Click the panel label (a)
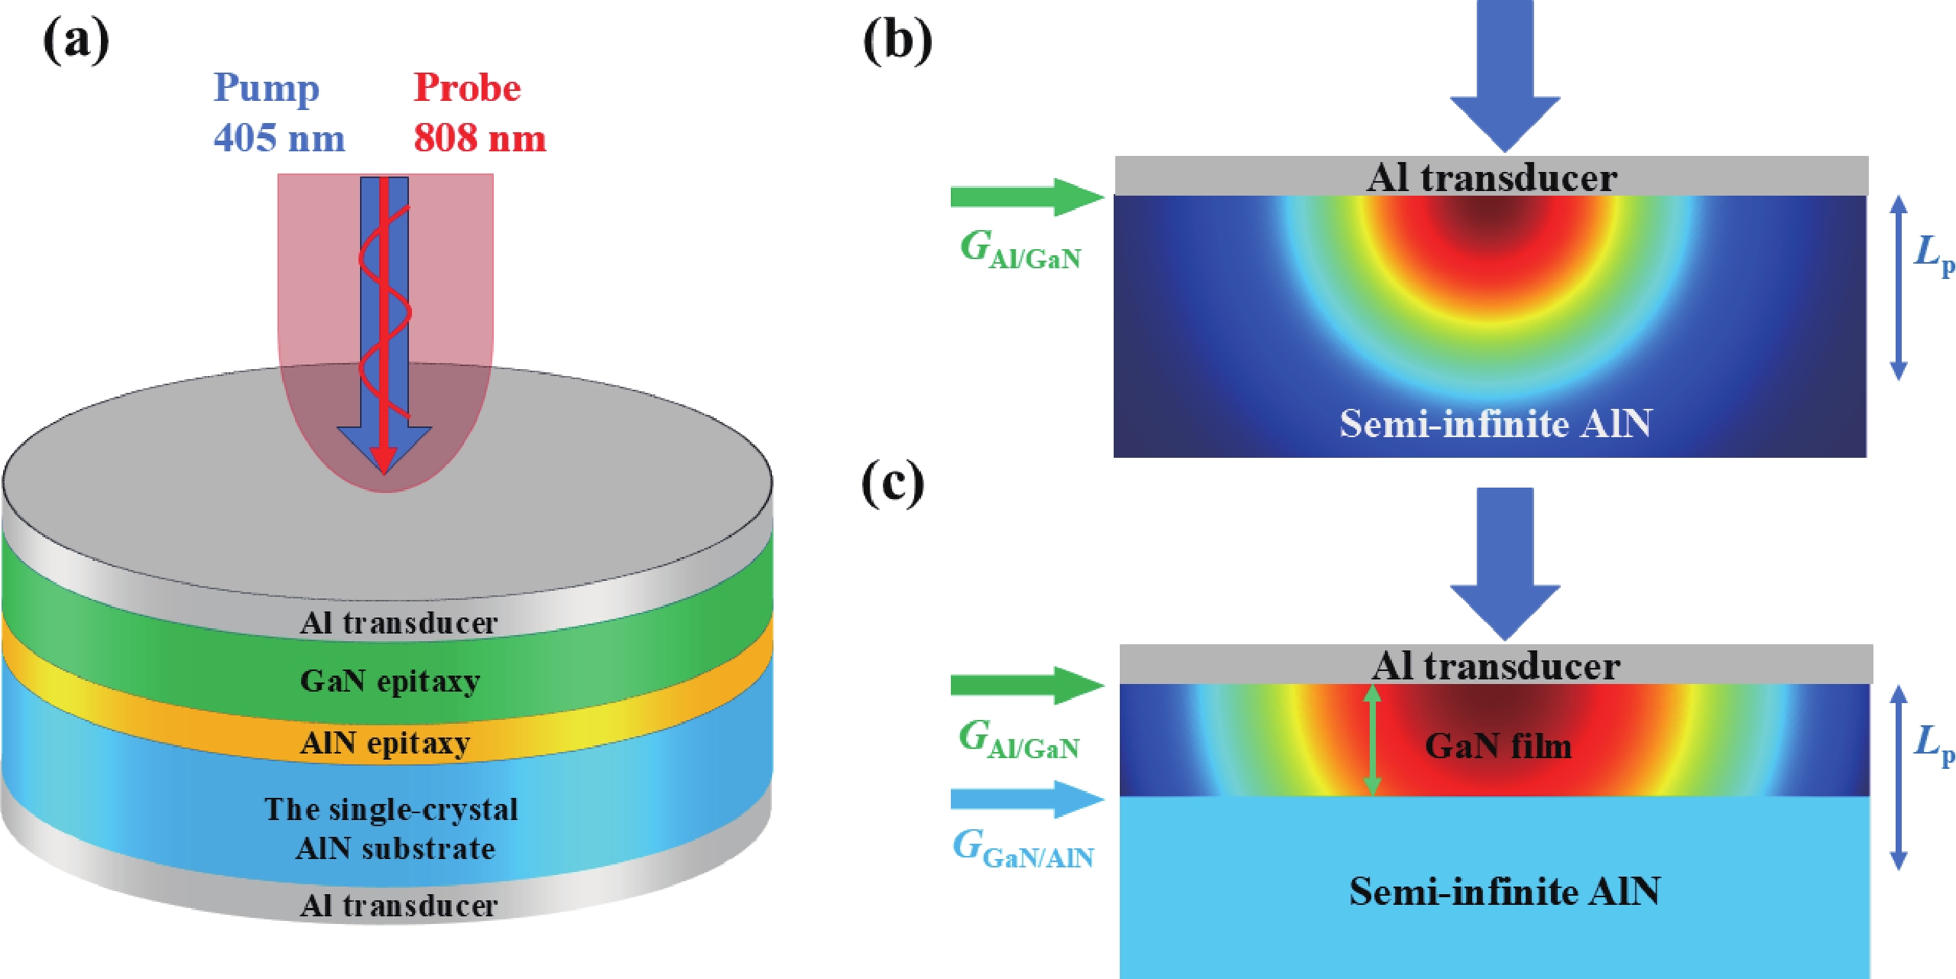coord(76,41)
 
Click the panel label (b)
coord(897,41)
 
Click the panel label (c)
coord(893,485)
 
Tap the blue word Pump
coord(266,89)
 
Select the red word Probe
coord(467,88)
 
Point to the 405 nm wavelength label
coord(279,138)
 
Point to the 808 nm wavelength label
coord(480,138)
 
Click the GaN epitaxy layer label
coord(390,680)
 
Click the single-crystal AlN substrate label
coord(392,829)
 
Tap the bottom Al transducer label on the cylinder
coord(398,906)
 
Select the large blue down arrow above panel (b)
coord(1504,76)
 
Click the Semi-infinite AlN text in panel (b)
coord(1495,423)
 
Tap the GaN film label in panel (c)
coord(1498,746)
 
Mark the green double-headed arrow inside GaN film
coord(1372,740)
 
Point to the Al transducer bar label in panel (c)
coord(1495,666)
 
